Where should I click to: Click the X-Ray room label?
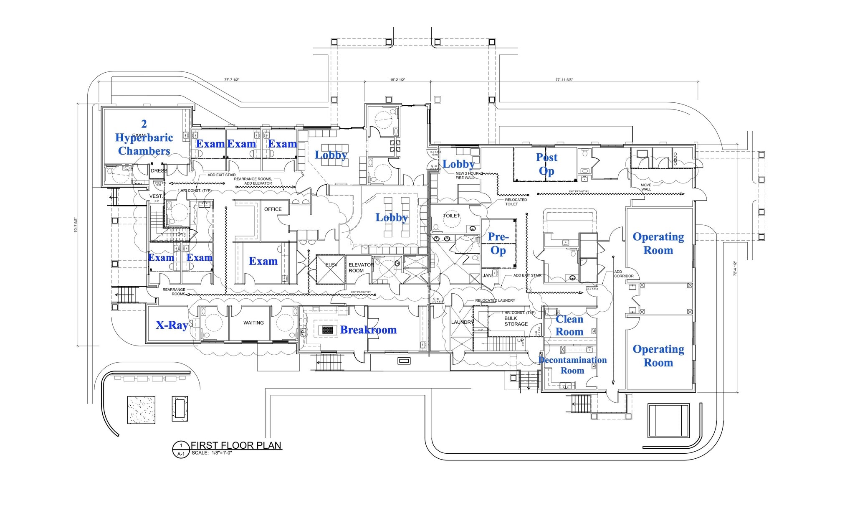(x=172, y=325)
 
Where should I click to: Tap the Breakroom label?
(x=368, y=330)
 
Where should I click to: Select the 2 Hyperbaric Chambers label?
(x=144, y=137)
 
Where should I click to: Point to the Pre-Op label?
(x=498, y=244)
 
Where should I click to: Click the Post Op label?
(x=546, y=164)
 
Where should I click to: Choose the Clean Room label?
(x=569, y=325)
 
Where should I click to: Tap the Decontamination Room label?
(x=572, y=365)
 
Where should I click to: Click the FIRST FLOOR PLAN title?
(x=236, y=445)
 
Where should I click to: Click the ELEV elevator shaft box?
(x=331, y=269)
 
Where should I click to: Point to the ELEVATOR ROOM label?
(x=361, y=268)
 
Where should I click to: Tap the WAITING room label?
(x=253, y=323)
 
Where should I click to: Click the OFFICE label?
(x=273, y=209)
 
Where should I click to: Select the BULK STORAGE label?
(x=516, y=321)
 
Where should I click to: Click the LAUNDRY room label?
(x=462, y=322)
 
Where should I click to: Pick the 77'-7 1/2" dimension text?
(x=232, y=79)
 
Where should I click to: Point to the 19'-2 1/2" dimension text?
(x=397, y=79)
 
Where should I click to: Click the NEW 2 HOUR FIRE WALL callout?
(x=466, y=175)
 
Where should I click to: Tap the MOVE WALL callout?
(x=646, y=187)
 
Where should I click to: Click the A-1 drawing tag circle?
(x=181, y=450)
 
